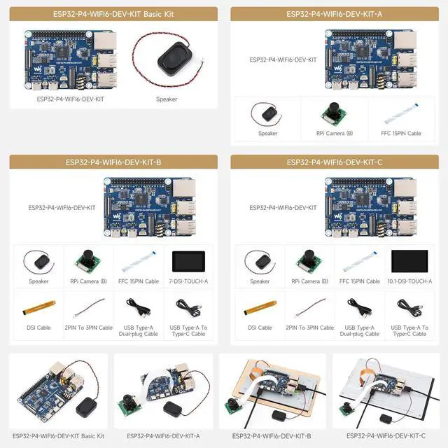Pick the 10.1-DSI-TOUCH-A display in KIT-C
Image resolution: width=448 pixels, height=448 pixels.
pos(408,261)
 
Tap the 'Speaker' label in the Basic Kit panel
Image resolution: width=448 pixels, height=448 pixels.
pos(167,99)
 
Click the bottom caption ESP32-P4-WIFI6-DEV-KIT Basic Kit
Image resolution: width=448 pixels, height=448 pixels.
pos(58,435)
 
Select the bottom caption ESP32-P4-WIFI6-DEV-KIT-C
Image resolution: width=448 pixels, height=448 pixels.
pos(387,435)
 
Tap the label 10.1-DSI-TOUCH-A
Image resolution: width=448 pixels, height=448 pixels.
pos(408,281)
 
